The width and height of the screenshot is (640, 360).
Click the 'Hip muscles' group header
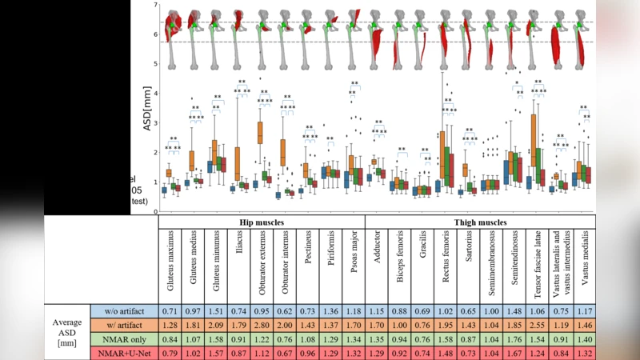pyautogui.click(x=262, y=222)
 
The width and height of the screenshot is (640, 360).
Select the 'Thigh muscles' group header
pyautogui.click(x=479, y=222)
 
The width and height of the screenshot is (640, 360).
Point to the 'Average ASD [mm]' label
pyautogui.click(x=67, y=331)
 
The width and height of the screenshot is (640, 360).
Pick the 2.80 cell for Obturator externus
pyautogui.click(x=262, y=324)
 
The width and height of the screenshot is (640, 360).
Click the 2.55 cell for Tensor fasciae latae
pyautogui.click(x=537, y=324)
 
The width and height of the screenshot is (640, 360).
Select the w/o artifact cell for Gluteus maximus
pyautogui.click(x=170, y=310)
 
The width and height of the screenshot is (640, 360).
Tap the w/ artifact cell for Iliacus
pyautogui.click(x=238, y=324)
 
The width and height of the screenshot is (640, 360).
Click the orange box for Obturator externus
pyautogui.click(x=260, y=133)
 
